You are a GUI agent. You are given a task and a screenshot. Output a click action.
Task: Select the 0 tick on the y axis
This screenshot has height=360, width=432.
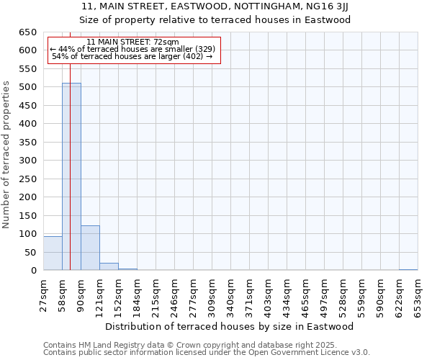pyautogui.click(x=35, y=271)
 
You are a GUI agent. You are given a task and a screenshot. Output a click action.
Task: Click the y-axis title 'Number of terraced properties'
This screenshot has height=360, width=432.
pyautogui.click(x=7, y=155)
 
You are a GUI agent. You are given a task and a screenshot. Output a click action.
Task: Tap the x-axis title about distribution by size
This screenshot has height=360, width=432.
pyautogui.click(x=234, y=326)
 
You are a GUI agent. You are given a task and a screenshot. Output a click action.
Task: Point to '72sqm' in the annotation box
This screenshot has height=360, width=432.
pyautogui.click(x=167, y=42)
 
